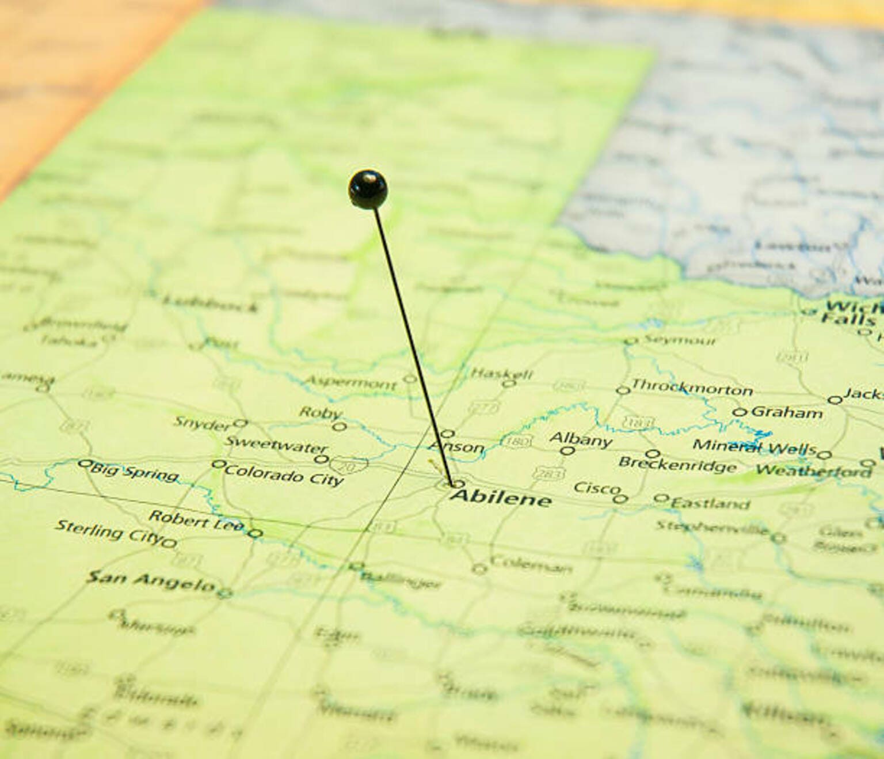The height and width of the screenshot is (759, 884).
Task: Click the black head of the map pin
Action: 368,189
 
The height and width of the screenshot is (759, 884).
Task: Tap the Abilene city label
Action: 501,498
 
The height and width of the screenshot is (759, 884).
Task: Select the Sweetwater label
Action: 276,444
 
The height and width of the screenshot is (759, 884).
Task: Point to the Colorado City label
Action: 284,475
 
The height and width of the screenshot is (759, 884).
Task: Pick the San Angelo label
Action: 151,581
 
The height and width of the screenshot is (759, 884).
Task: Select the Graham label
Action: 786,412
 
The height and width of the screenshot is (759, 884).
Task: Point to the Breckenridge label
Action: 677,464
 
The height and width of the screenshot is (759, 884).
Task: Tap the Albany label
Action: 580,439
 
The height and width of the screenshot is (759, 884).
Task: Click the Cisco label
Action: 597,488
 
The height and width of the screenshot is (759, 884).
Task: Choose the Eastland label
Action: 710,503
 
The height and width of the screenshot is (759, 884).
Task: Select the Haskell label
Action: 502,373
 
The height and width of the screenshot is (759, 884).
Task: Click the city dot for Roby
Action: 340,427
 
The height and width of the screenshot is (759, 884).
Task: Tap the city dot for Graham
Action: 739,412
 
